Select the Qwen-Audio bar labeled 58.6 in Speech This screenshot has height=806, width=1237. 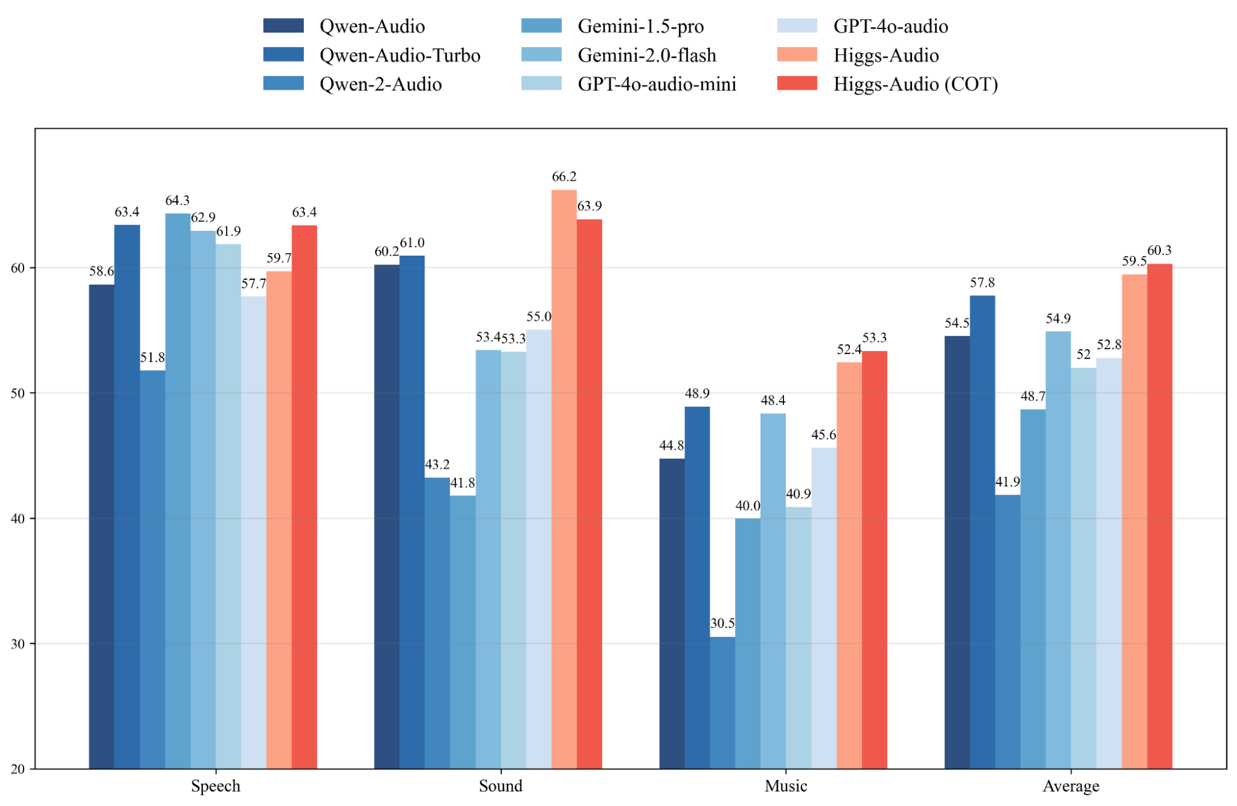(x=101, y=526)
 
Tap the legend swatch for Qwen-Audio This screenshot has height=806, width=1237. (x=283, y=26)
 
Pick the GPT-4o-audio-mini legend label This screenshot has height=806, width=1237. (x=657, y=84)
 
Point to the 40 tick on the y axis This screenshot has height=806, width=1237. (x=17, y=519)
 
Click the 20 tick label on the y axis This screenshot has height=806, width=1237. (x=17, y=769)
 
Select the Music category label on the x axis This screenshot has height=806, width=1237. (x=785, y=786)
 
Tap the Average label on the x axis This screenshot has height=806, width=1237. (x=1071, y=786)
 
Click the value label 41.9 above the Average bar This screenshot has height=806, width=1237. (x=1007, y=482)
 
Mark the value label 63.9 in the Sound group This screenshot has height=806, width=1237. (x=589, y=206)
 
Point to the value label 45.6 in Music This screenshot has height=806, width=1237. (x=824, y=435)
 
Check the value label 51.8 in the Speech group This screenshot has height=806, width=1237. (x=152, y=357)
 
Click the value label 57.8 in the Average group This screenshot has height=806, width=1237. (x=982, y=283)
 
